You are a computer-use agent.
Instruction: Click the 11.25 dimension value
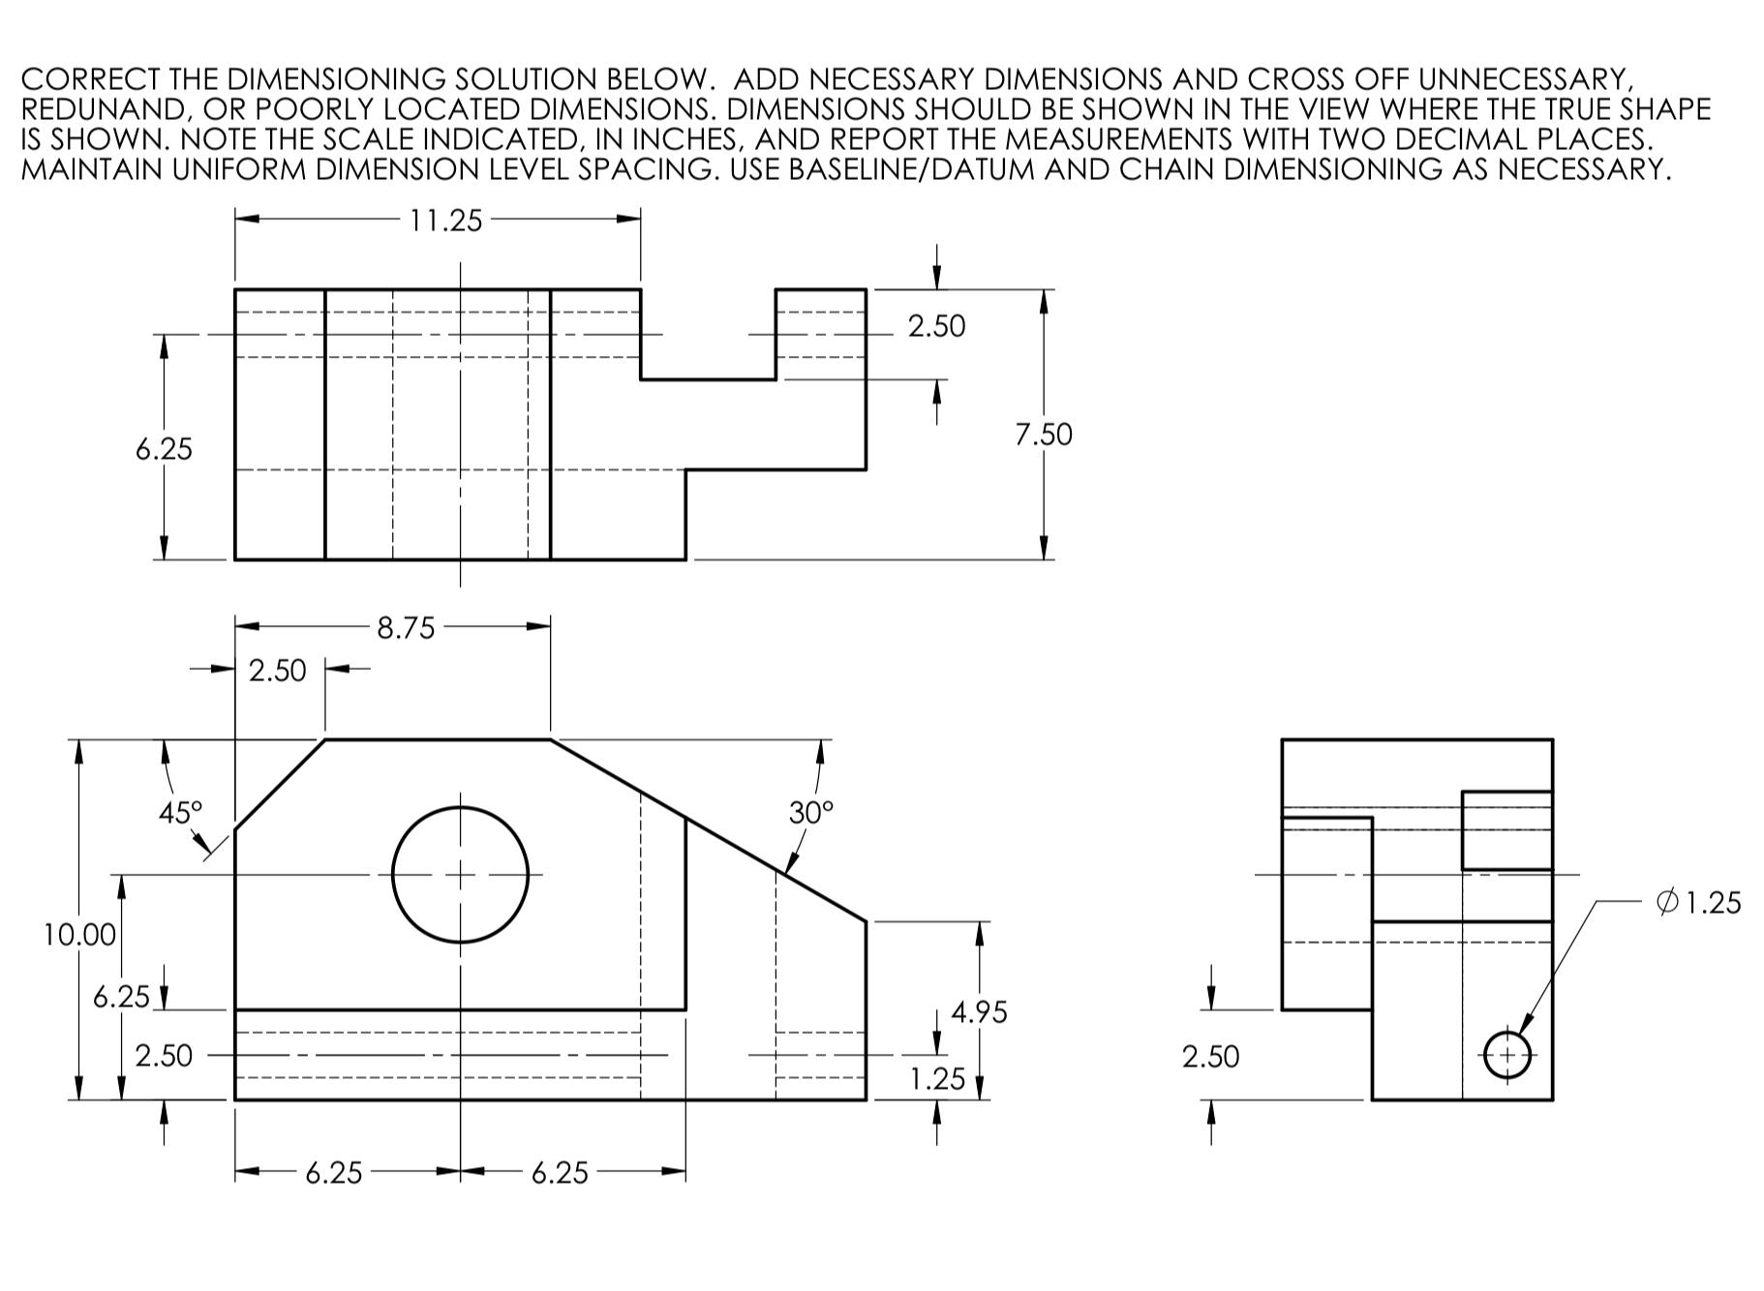[x=445, y=221]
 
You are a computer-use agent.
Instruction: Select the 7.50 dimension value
[x=1044, y=435]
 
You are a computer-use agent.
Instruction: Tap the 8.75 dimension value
[x=406, y=629]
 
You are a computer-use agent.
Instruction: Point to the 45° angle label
[x=181, y=812]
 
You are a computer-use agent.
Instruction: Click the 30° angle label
[x=810, y=812]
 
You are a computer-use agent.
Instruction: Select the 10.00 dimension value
[x=79, y=935]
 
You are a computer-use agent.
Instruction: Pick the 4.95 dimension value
[x=979, y=1012]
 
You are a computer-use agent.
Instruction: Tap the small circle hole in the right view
[x=1507, y=1054]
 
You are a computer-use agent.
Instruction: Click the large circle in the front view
[x=461, y=875]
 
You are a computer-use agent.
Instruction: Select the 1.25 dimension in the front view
[x=937, y=1078]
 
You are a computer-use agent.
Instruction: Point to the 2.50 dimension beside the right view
[x=1210, y=1057]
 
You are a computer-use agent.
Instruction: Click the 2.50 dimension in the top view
[x=936, y=326]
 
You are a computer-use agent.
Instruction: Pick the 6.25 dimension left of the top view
[x=164, y=449]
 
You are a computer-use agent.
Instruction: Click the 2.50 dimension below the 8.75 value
[x=277, y=671]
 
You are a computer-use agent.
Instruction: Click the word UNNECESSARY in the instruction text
[x=1526, y=79]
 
